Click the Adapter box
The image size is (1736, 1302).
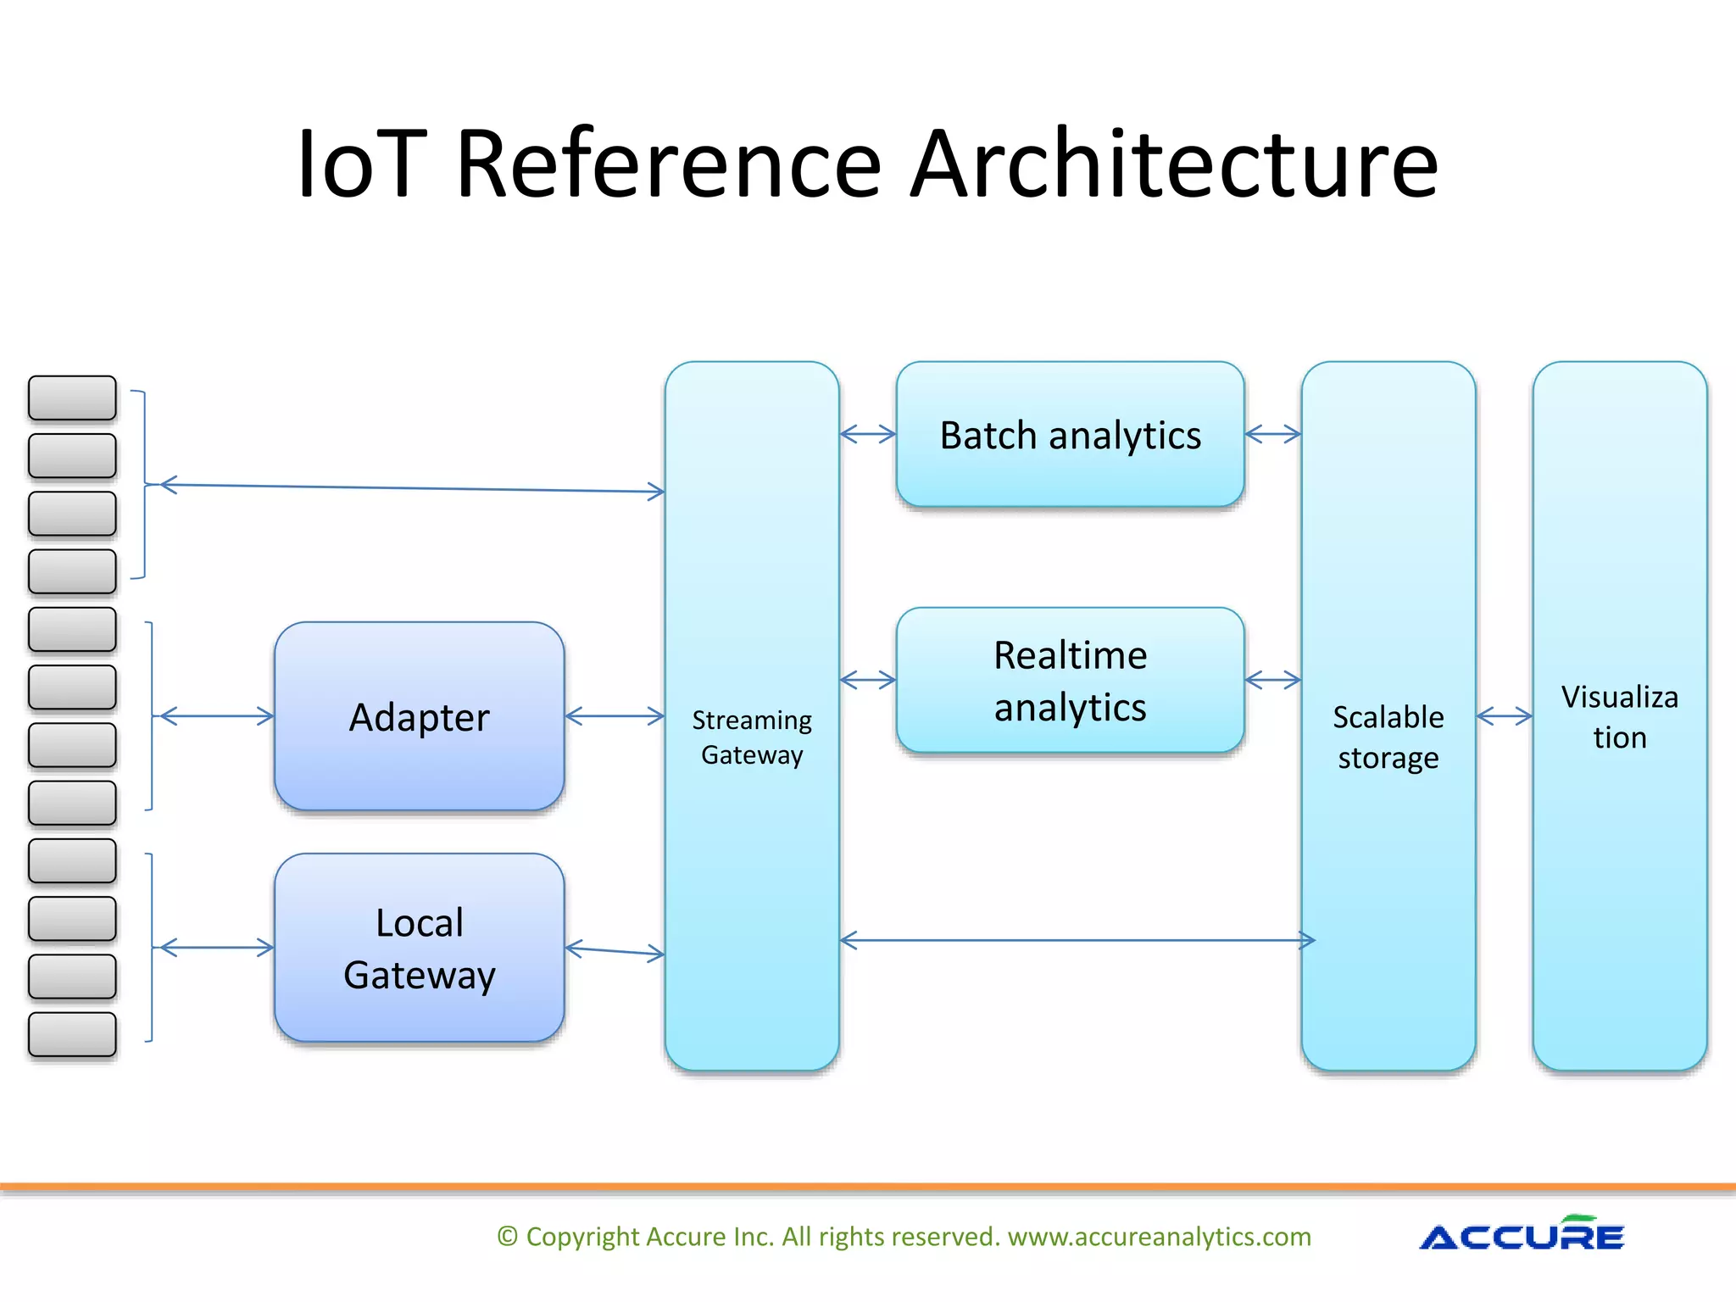(419, 716)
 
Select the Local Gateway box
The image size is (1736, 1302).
(419, 948)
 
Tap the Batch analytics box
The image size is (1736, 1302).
(1070, 435)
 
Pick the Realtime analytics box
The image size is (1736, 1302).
(1070, 681)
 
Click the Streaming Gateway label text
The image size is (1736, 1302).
(752, 737)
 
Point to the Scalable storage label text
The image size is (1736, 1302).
(1388, 737)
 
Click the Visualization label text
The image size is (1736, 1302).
(1619, 716)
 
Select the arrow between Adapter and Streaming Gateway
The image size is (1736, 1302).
(615, 716)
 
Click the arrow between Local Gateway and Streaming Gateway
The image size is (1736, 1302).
(615, 951)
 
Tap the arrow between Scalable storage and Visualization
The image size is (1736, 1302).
(1504, 716)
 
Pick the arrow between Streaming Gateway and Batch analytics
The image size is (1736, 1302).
(867, 435)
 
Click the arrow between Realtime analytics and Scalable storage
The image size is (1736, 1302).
(1272, 680)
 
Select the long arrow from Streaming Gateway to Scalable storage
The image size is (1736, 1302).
(1077, 940)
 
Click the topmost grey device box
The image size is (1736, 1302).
(72, 398)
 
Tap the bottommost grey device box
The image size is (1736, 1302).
(72, 1034)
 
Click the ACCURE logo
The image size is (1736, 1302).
(1521, 1236)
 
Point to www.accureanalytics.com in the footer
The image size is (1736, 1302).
(1159, 1237)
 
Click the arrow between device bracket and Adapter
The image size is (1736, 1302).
(217, 716)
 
